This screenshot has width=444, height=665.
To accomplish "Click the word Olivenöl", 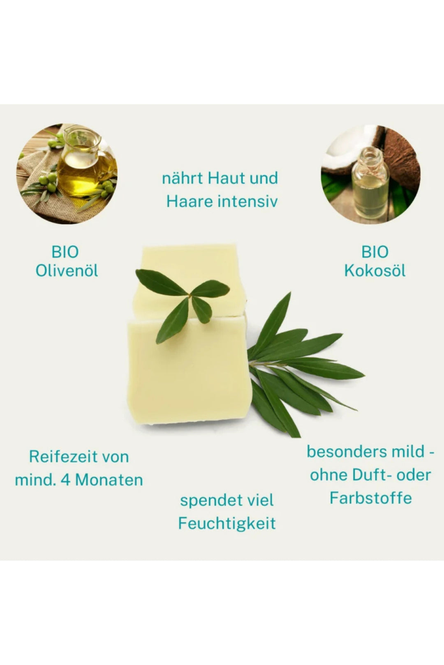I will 67,271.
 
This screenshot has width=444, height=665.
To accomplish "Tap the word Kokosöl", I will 375,271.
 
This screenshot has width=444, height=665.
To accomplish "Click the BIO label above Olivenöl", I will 65,252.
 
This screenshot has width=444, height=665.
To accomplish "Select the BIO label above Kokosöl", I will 375,252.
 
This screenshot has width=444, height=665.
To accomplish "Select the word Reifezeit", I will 58,456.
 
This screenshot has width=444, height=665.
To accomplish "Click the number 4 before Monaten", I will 66,480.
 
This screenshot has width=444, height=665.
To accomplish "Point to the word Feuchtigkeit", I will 227,523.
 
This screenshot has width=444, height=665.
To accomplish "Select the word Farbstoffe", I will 370,498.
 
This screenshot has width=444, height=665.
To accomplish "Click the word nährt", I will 182,179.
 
